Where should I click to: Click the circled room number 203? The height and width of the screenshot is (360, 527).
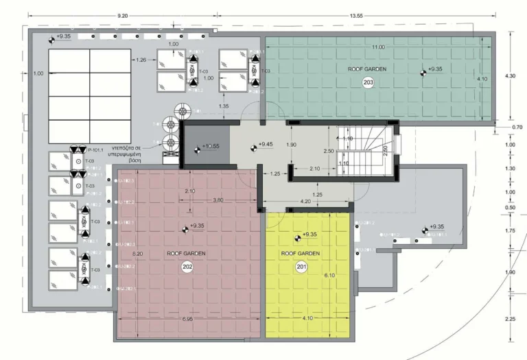click(x=368, y=82)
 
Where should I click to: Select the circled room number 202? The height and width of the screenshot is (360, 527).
click(x=187, y=267)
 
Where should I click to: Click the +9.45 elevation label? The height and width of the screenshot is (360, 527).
click(x=265, y=145)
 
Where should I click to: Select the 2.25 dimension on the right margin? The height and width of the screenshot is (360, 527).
click(x=510, y=319)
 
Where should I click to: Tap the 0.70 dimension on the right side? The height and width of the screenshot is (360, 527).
click(x=517, y=127)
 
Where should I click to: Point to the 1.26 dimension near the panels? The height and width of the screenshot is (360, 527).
click(x=142, y=60)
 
